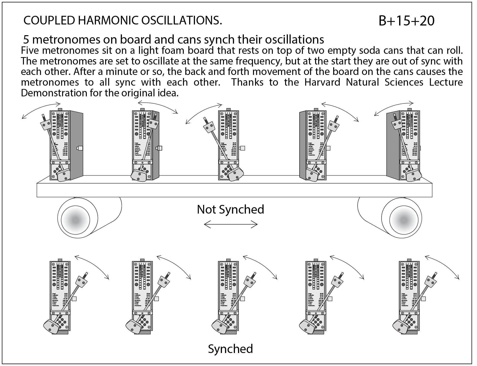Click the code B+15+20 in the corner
[x=406, y=21]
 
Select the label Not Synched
[x=230, y=210]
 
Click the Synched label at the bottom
[x=230, y=349]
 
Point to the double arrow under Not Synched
[x=231, y=225]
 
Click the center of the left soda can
[x=76, y=219]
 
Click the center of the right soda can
[x=404, y=219]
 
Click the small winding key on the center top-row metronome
[x=242, y=148]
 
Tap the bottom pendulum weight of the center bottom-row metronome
[x=220, y=326]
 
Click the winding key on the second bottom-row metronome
[x=156, y=299]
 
